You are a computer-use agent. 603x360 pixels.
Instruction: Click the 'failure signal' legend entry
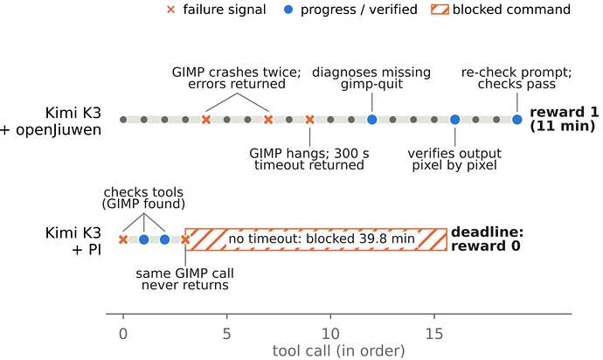click(x=217, y=10)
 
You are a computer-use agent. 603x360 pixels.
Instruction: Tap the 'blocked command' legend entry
click(x=501, y=10)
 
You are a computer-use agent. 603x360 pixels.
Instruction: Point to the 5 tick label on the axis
click(x=227, y=334)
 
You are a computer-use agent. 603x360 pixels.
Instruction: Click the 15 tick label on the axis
click(x=434, y=334)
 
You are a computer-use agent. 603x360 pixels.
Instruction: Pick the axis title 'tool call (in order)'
click(x=339, y=350)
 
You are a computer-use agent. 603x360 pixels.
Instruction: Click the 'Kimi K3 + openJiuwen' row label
click(x=51, y=121)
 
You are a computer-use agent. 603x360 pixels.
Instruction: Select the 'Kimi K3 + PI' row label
click(x=73, y=241)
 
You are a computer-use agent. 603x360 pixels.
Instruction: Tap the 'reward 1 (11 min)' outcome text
click(x=565, y=119)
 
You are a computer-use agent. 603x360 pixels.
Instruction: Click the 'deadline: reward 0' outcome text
click(x=488, y=239)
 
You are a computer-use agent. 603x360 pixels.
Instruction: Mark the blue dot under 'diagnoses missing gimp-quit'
click(x=372, y=120)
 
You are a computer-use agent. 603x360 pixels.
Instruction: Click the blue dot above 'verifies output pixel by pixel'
click(x=455, y=120)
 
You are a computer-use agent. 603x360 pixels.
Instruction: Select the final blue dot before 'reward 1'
click(x=517, y=120)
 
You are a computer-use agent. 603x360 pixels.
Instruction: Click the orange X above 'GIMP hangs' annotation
click(x=309, y=120)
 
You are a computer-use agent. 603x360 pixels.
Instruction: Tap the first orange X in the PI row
click(x=123, y=239)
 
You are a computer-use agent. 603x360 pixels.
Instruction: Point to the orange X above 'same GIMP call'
click(x=185, y=239)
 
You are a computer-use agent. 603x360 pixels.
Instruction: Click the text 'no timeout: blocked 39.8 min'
click(x=322, y=239)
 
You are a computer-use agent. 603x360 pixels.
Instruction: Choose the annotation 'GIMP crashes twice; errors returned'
click(x=237, y=78)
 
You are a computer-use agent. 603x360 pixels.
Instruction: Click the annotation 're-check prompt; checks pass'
click(x=516, y=78)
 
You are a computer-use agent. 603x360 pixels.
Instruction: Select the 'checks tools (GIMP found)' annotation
click(x=143, y=198)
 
